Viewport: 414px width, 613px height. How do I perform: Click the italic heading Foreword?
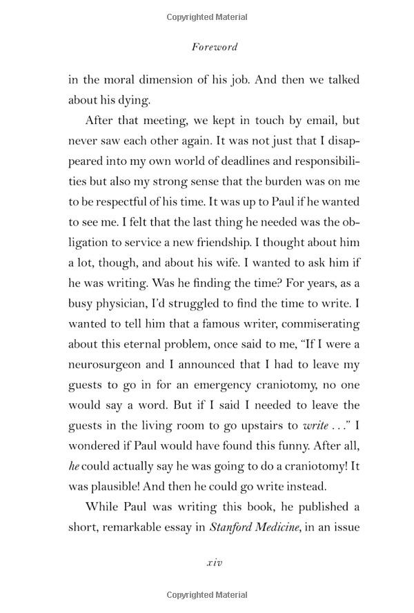[x=214, y=48]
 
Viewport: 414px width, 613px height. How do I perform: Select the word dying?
[x=134, y=101]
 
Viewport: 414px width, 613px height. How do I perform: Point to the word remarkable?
[x=130, y=527]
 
